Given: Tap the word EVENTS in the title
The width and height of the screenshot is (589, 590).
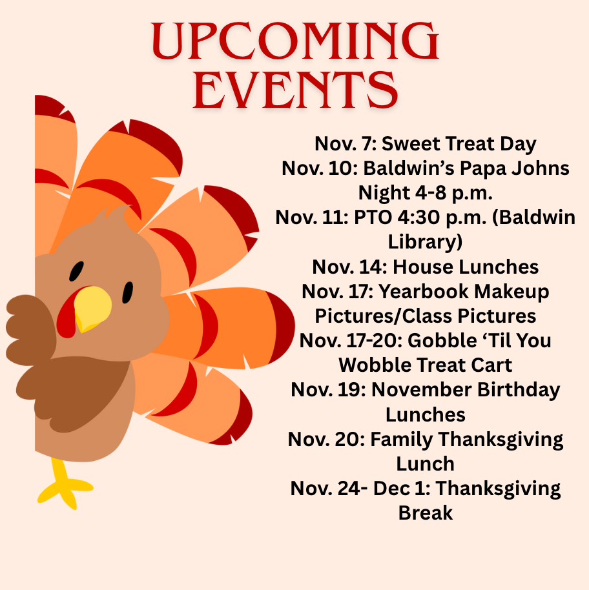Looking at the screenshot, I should pyautogui.click(x=294, y=90).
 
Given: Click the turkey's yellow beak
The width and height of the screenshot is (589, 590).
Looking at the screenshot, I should pyautogui.click(x=92, y=308).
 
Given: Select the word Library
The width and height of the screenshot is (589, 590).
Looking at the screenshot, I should pyautogui.click(x=426, y=241).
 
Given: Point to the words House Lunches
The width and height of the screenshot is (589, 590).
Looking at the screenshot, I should pyautogui.click(x=466, y=266).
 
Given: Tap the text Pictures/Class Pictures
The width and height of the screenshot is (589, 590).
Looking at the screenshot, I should pyautogui.click(x=426, y=316).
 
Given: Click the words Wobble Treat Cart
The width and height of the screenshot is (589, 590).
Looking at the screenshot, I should pyautogui.click(x=426, y=365).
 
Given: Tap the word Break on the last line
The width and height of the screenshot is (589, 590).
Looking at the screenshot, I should pyautogui.click(x=426, y=513).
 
